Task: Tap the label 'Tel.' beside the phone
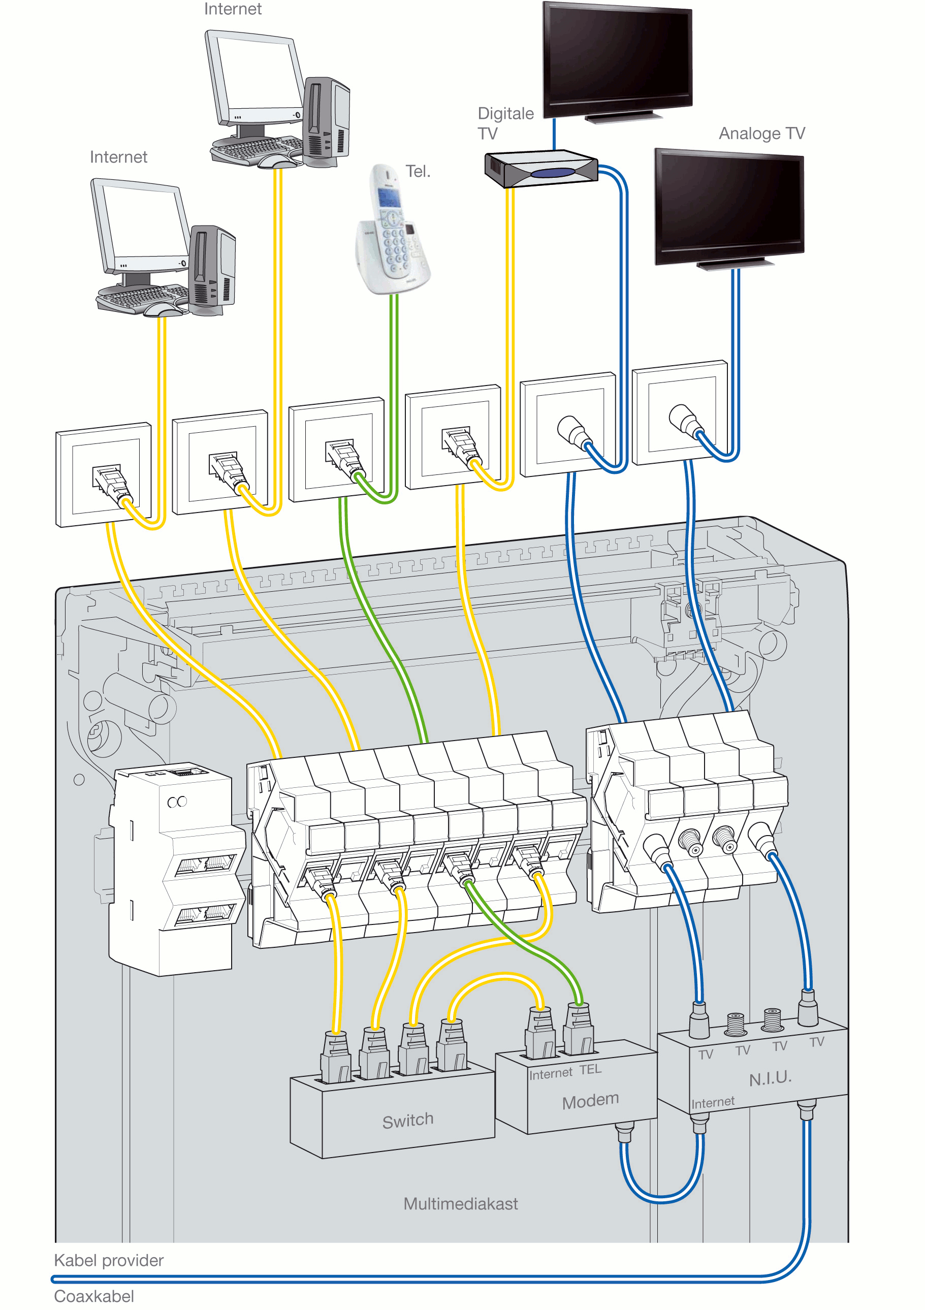tap(418, 171)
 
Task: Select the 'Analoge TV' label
tap(761, 134)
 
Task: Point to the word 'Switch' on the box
tap(407, 1121)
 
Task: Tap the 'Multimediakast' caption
tap(461, 1204)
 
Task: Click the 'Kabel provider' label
tap(108, 1260)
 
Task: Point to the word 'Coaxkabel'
tap(94, 1296)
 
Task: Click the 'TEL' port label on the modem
tap(590, 1069)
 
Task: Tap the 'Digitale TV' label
tap(505, 123)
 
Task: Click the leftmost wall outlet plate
tap(103, 475)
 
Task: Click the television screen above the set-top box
tap(617, 57)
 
